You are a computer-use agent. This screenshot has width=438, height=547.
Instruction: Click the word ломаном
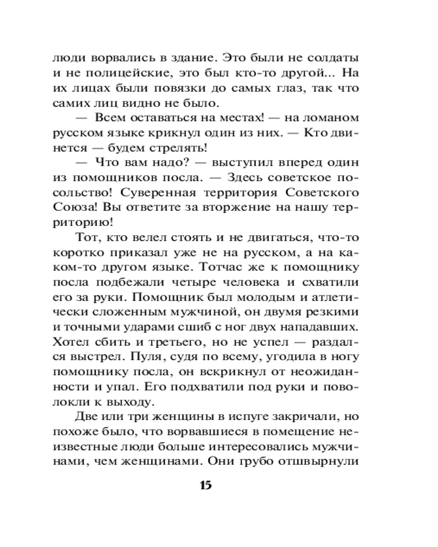click(330, 118)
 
